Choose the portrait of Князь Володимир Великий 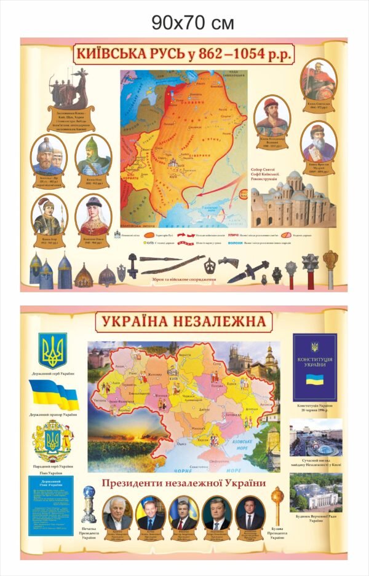(x=273, y=117)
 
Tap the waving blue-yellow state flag (x=54, y=394)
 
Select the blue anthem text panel (x=50, y=504)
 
